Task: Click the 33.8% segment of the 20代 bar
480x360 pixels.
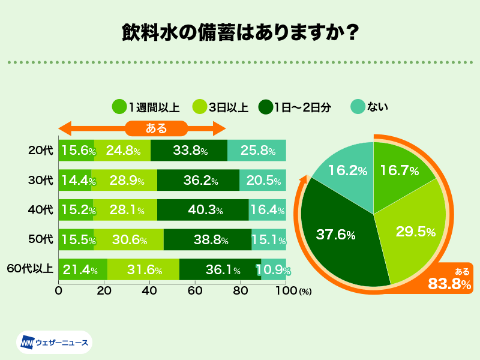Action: click(189, 151)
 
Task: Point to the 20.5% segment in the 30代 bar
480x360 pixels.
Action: click(263, 180)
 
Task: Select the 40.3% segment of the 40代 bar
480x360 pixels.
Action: click(203, 210)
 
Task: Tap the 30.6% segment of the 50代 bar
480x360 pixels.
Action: click(129, 240)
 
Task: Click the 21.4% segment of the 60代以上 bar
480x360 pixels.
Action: click(83, 270)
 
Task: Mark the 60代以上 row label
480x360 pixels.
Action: click(30, 270)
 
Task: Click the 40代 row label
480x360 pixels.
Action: click(41, 210)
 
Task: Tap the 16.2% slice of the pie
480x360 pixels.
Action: click(348, 171)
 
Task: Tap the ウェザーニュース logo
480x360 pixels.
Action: click(54, 343)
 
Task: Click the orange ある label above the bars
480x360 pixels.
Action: click(157, 128)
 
